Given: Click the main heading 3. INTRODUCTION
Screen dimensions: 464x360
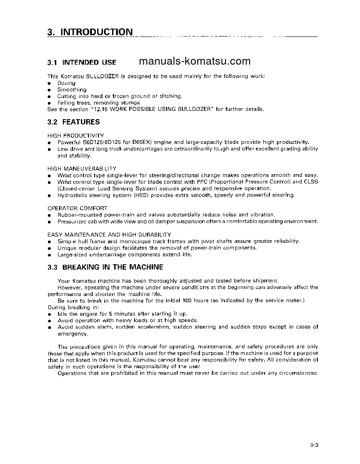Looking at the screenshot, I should point(90,32).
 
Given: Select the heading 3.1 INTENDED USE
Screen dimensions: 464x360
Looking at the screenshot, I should point(82,62).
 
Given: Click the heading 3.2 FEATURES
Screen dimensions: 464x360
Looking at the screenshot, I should point(73,122).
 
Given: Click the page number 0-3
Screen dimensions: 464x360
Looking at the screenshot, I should point(313,446).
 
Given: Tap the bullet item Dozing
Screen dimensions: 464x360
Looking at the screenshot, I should point(66,83).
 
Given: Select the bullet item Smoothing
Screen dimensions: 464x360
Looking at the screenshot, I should point(72,90).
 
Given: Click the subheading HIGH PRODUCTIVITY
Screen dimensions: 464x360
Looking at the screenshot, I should point(76,135).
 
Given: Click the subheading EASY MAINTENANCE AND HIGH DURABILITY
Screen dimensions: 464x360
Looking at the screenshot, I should point(109,234).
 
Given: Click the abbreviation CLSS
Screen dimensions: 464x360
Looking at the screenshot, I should point(311,182).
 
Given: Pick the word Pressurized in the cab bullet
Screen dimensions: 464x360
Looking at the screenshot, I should point(73,221).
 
